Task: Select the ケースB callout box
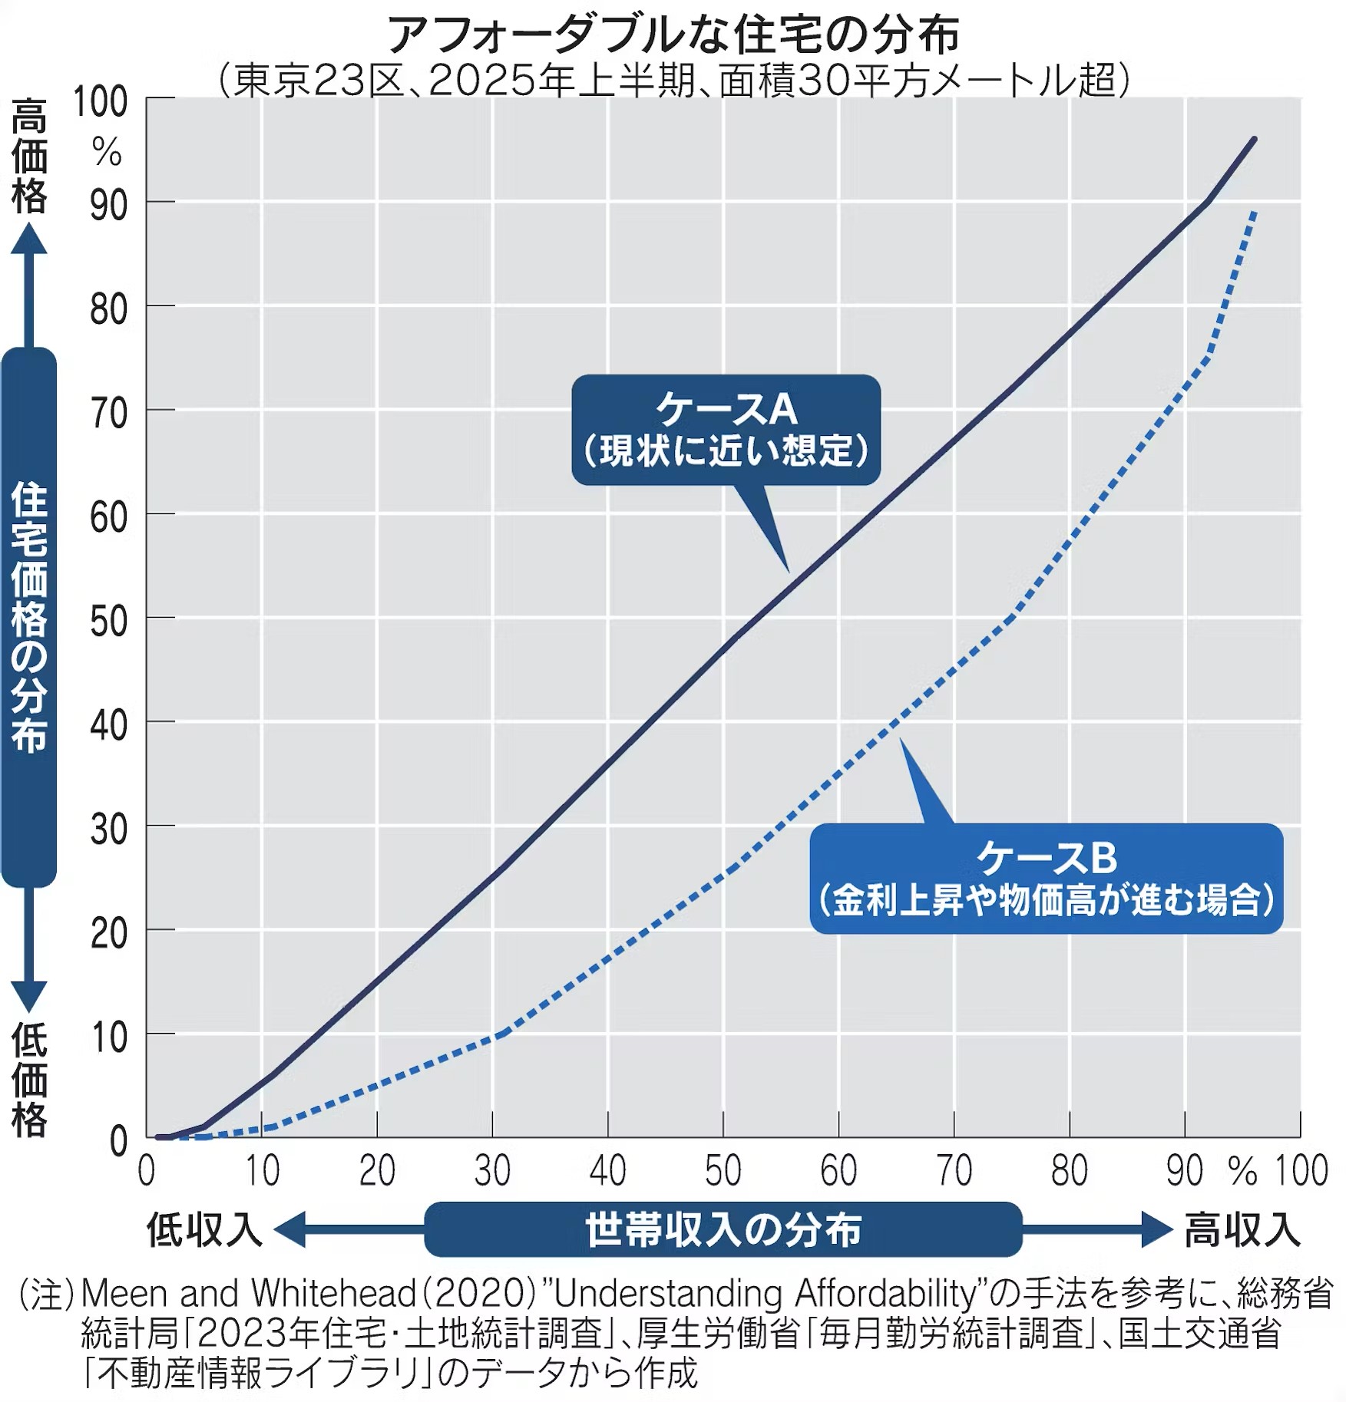point(1046,878)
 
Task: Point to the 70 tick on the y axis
point(109,414)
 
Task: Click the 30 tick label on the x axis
point(492,1170)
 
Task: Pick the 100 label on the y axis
point(101,103)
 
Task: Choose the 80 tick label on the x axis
point(1069,1170)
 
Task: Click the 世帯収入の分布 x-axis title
point(723,1229)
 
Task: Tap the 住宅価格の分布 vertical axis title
point(29,617)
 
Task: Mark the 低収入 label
point(204,1229)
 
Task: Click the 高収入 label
point(1242,1229)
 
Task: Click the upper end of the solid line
point(1254,140)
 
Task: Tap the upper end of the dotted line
point(1254,212)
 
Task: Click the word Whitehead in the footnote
point(333,1294)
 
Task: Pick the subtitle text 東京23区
point(319,80)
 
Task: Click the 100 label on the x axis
point(1301,1170)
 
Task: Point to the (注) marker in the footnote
point(46,1294)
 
